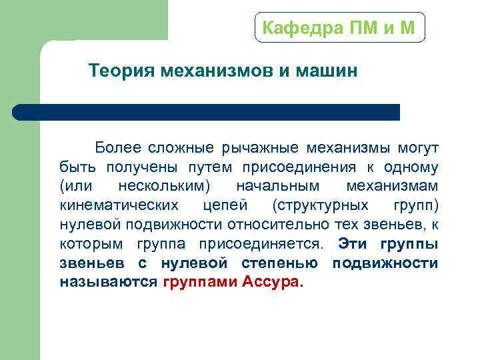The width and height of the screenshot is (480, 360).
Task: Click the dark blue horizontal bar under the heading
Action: pos(207,112)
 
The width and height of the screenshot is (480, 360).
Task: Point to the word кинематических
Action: pos(119,205)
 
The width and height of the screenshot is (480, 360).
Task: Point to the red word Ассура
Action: pos(273,282)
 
